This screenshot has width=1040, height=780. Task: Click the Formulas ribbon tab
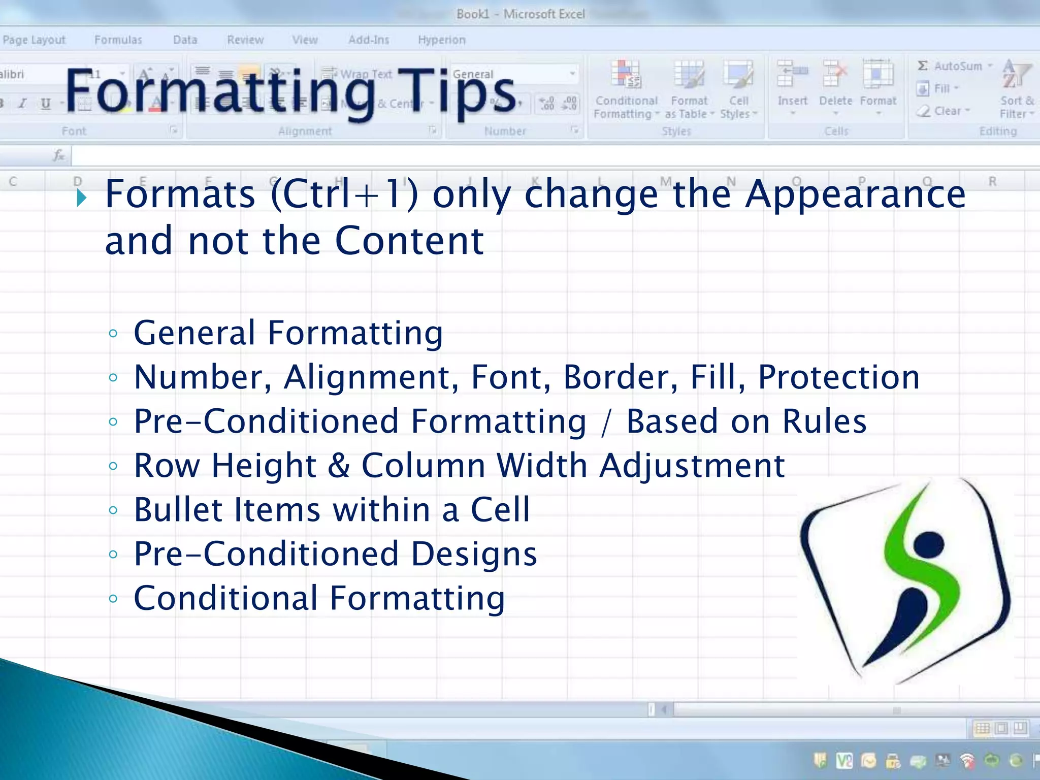click(118, 40)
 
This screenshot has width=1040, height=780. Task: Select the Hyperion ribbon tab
click(441, 40)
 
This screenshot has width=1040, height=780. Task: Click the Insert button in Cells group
click(792, 86)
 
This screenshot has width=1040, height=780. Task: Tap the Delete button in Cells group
click(835, 86)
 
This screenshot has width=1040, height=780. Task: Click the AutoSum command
click(953, 66)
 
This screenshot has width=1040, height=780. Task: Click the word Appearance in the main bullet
click(855, 195)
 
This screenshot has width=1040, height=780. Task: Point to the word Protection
click(838, 378)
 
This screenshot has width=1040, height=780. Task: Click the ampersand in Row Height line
click(339, 466)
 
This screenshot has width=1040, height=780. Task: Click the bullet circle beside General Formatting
click(113, 334)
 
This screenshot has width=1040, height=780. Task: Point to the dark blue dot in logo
click(929, 545)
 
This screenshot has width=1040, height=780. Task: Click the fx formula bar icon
click(59, 155)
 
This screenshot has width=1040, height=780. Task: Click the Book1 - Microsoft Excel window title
click(520, 14)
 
